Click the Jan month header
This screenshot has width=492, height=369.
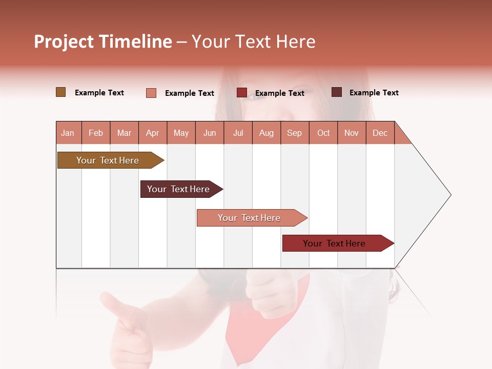pyautogui.click(x=68, y=133)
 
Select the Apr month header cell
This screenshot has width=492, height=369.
pyautogui.click(x=153, y=133)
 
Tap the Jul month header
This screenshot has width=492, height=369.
pyautogui.click(x=238, y=133)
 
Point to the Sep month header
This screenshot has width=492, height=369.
pyautogui.click(x=295, y=133)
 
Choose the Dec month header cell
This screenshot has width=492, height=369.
pyautogui.click(x=380, y=133)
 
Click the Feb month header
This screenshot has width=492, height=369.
pyautogui.click(x=96, y=133)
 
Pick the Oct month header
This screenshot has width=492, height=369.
pyautogui.click(x=323, y=133)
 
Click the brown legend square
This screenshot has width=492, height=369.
pyautogui.click(x=60, y=92)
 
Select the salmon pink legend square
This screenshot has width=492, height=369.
pyautogui.click(x=151, y=93)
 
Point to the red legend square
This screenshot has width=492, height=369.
pyautogui.click(x=242, y=93)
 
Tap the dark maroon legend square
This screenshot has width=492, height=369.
pyautogui.click(x=336, y=92)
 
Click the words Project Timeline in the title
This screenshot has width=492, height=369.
pyautogui.click(x=103, y=42)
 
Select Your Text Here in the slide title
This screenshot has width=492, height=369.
pyautogui.click(x=254, y=42)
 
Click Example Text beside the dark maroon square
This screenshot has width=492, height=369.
pyautogui.click(x=374, y=93)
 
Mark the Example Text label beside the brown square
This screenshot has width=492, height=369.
pyautogui.click(x=99, y=93)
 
